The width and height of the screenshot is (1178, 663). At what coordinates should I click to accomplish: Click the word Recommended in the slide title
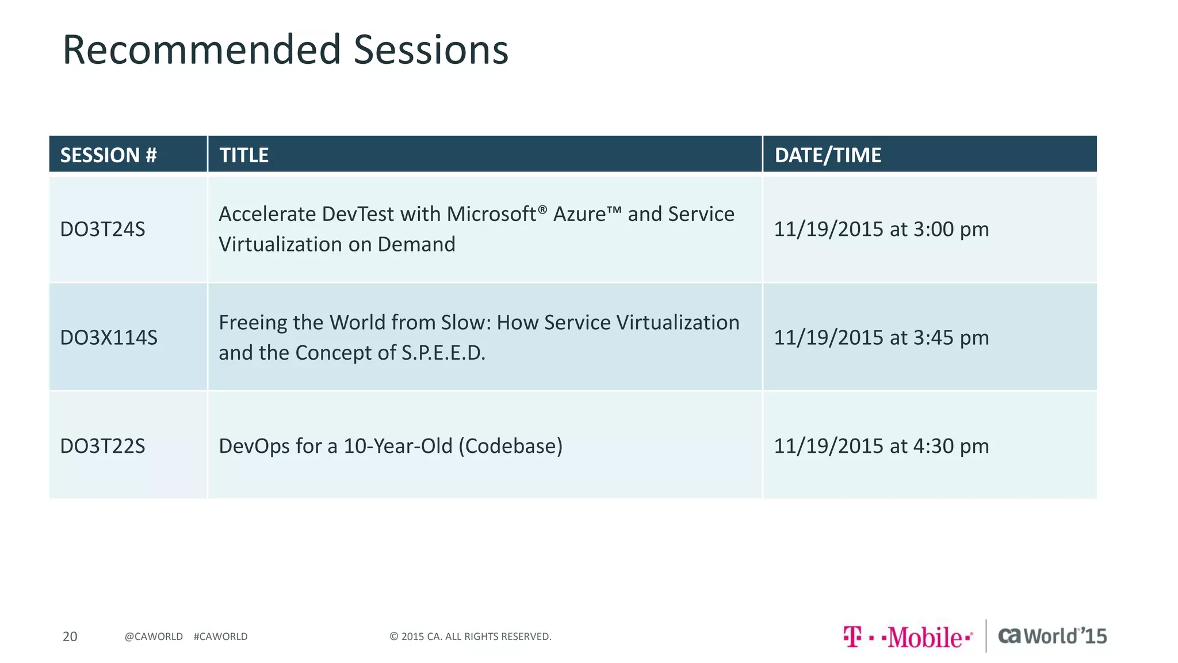202,50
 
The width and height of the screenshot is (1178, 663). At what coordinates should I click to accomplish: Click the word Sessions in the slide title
431,50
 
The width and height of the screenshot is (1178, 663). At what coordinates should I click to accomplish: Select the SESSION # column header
108,155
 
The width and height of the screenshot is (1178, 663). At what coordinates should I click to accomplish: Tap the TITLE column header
244,155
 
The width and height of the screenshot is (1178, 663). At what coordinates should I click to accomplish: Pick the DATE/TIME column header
827,155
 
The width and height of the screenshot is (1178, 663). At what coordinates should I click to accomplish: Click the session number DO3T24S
102,229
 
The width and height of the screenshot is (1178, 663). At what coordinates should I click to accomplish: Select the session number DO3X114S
109,337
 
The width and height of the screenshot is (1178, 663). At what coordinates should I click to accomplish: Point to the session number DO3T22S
102,446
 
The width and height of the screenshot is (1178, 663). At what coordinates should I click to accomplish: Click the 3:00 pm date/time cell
881,229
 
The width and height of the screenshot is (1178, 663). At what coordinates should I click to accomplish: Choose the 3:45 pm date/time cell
881,337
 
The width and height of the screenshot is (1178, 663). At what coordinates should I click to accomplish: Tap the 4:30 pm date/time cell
881,446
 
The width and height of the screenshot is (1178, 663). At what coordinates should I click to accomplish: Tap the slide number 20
70,637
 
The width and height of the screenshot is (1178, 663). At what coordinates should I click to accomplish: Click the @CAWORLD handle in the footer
154,637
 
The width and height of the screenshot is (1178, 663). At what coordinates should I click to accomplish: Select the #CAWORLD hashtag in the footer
220,637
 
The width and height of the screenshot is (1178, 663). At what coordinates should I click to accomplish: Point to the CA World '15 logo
1052,636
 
